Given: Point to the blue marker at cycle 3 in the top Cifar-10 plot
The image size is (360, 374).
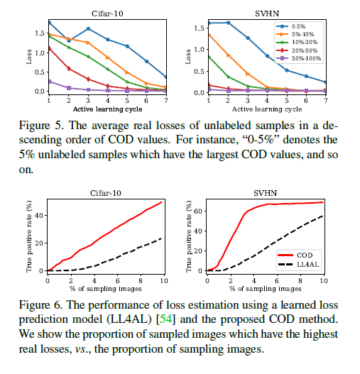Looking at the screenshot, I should [x=87, y=29].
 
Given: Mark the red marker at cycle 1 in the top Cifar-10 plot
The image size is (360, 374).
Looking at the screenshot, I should [x=49, y=48].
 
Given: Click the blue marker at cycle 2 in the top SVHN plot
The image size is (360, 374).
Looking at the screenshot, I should [x=228, y=23].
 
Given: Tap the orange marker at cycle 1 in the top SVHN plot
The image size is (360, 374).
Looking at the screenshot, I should [x=208, y=34].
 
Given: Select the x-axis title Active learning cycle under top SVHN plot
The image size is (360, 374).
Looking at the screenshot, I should [x=266, y=109].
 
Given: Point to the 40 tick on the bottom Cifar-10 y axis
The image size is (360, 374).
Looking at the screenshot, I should [x=58, y=214].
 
